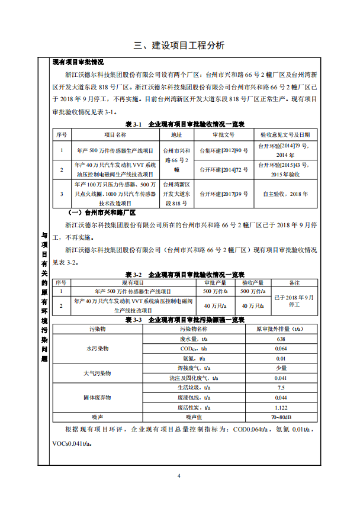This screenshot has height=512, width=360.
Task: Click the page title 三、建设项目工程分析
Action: point(179,46)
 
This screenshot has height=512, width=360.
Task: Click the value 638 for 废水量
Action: point(281,339)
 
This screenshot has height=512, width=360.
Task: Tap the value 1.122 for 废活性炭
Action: point(281,407)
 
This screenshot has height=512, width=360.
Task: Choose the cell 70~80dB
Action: point(281,417)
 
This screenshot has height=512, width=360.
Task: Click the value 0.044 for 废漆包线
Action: point(281,397)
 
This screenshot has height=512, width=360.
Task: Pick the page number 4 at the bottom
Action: point(179,475)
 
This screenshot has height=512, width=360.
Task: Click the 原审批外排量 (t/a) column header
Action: point(281,329)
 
